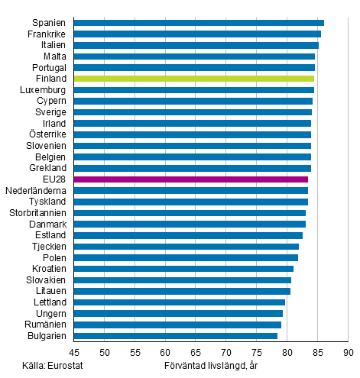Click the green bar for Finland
[194, 79]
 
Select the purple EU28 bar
[191, 179]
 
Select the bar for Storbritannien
[190, 213]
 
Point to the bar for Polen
[186, 257]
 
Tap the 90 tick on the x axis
[348, 353]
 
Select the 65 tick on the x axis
[196, 353]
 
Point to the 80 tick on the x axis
[287, 353]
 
